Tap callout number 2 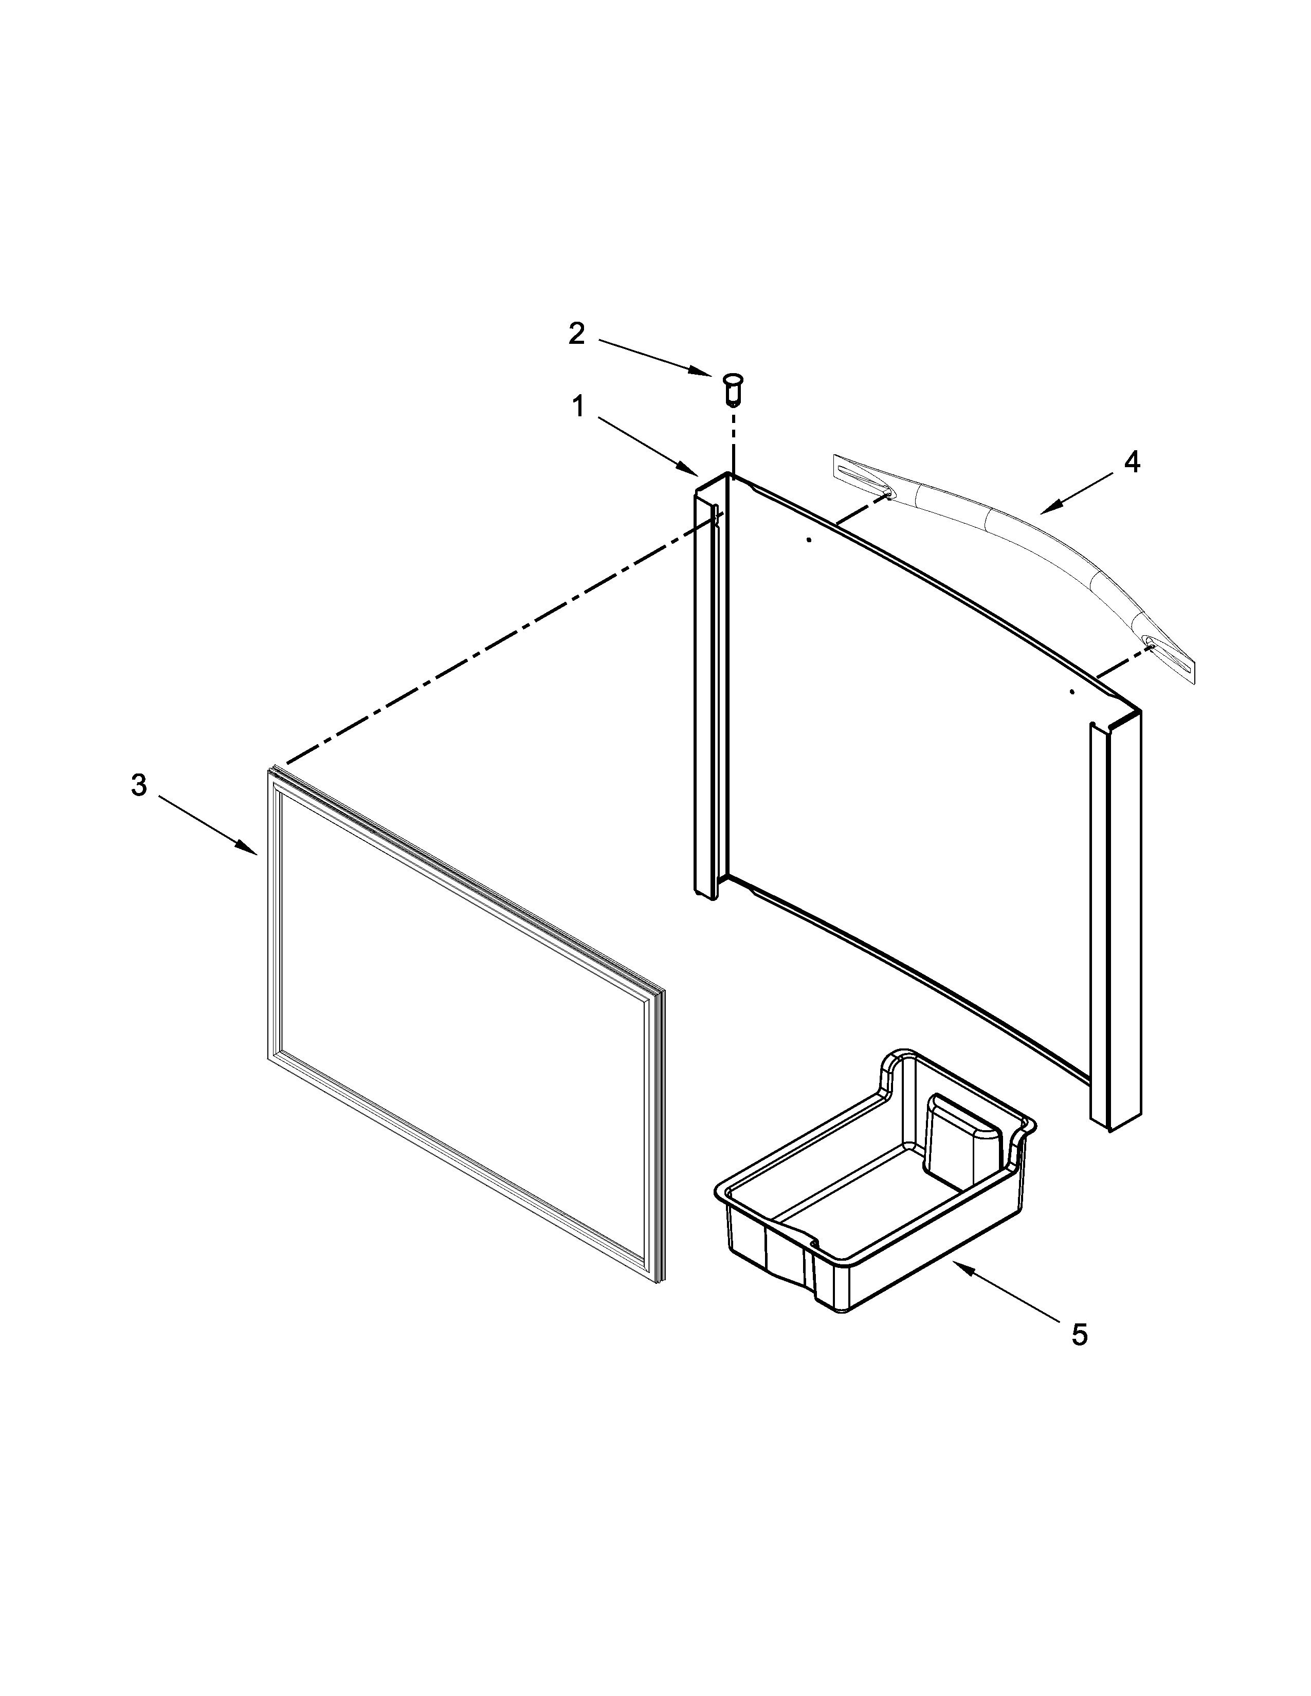pos(576,334)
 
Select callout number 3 pos(139,785)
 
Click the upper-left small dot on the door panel pos(809,540)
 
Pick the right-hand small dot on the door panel pos(1072,691)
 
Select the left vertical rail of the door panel pos(709,691)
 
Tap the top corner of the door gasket pos(272,772)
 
